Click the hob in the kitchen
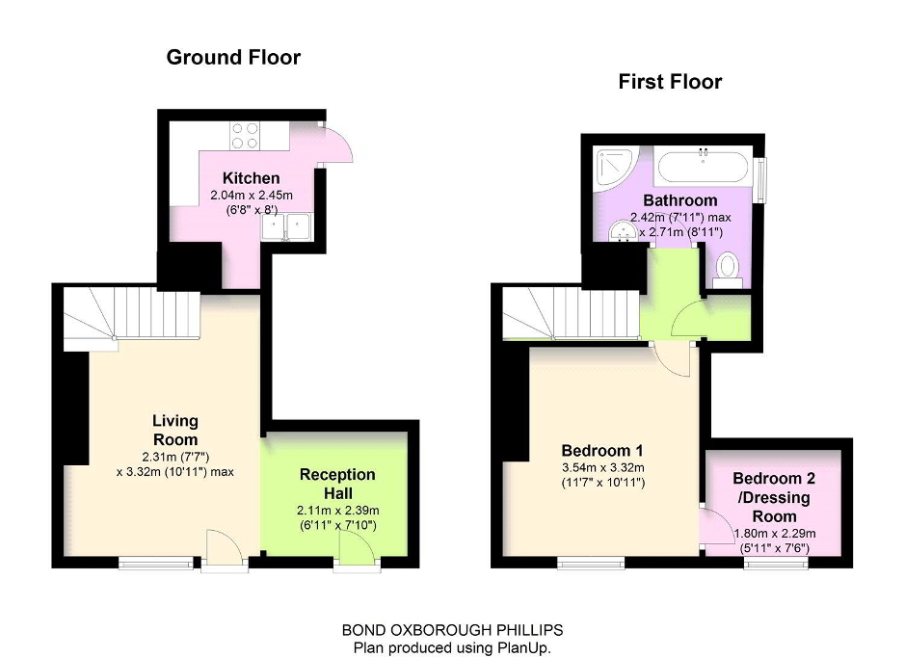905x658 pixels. (x=245, y=135)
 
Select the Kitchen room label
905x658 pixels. (x=251, y=178)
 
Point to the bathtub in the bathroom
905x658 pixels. (x=703, y=167)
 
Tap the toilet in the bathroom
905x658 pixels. (x=727, y=267)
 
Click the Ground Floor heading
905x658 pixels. (x=233, y=57)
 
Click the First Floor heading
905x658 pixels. (x=670, y=82)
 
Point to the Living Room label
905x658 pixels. (x=174, y=429)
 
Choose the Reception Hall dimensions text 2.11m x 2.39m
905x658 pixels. (x=336, y=511)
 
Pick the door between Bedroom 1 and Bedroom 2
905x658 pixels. (x=713, y=525)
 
